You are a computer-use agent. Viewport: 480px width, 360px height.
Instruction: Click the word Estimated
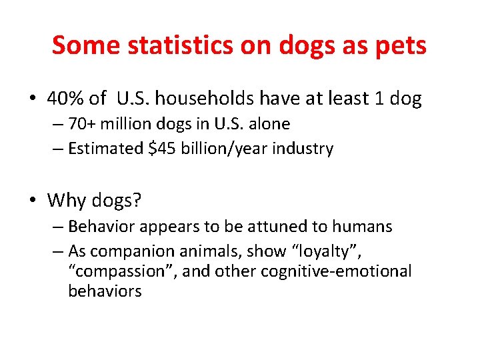[105, 149]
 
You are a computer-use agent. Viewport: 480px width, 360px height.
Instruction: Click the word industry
[304, 149]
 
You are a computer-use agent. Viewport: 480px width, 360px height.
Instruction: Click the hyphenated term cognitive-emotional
[336, 271]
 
